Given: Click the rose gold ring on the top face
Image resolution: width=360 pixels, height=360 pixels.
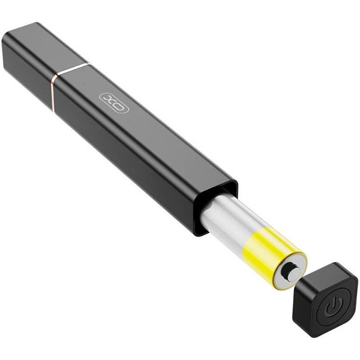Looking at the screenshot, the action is point(73,68).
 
